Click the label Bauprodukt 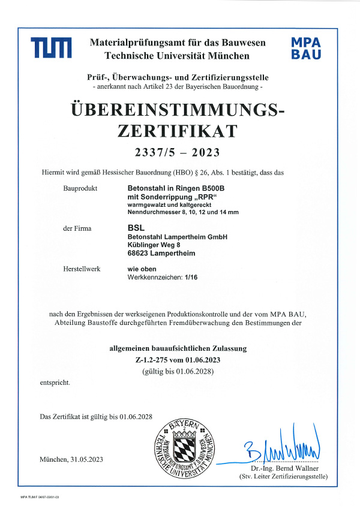pos(79,188)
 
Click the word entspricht pos(55,382)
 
